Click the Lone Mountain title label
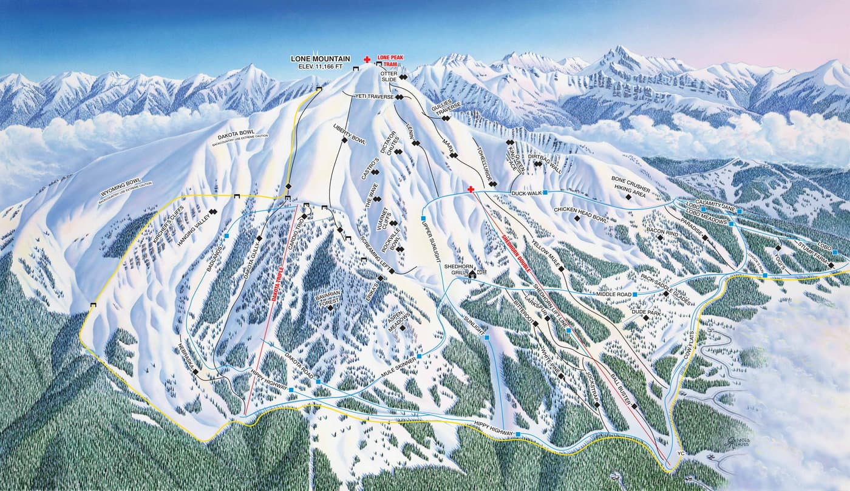tap(320, 59)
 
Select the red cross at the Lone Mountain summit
tap(367, 59)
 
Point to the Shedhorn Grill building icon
tap(472, 274)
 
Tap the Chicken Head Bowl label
tap(580, 209)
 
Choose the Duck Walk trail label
tap(526, 193)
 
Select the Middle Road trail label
tap(613, 294)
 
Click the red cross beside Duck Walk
tap(471, 189)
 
